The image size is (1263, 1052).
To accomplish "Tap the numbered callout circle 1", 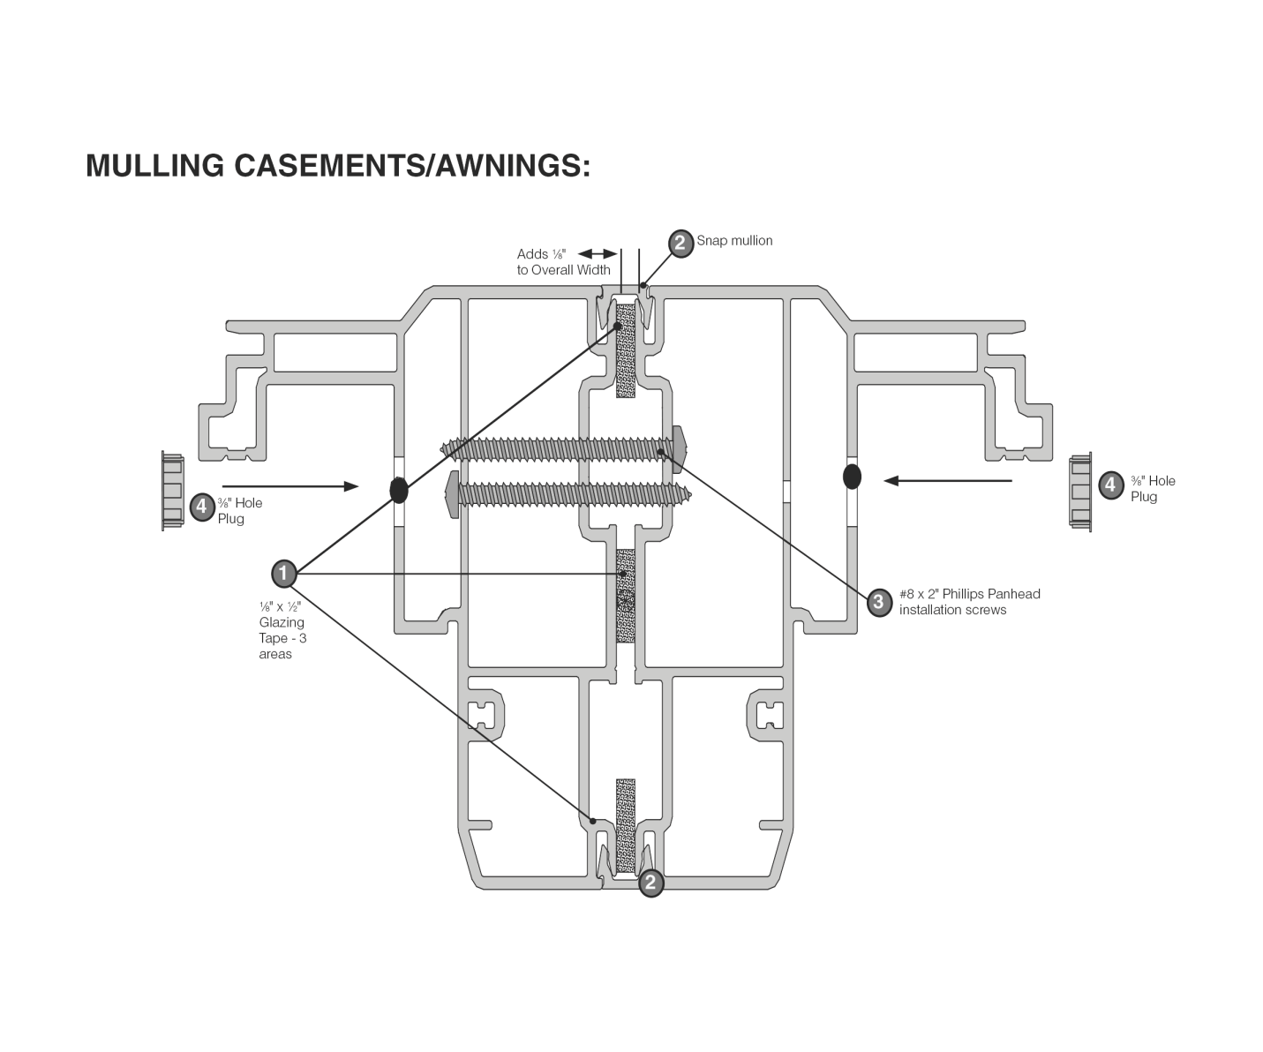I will click(283, 574).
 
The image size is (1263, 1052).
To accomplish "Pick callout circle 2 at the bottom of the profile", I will click(651, 883).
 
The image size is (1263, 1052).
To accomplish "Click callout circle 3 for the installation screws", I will click(878, 602).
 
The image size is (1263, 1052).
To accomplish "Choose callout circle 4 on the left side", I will click(202, 507).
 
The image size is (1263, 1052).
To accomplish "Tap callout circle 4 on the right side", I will click(1111, 484).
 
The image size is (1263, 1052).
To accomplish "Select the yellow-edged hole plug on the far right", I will click(1079, 492).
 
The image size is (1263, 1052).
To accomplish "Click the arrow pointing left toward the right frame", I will click(948, 480).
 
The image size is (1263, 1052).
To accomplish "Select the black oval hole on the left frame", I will click(398, 490).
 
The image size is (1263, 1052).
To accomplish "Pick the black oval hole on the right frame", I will click(852, 477).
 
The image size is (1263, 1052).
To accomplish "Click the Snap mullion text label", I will click(734, 240).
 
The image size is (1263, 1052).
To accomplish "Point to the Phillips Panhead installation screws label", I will click(969, 601).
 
